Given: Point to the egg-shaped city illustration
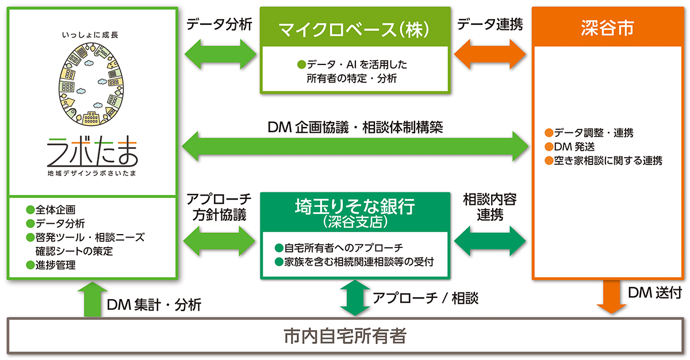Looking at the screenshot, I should click(x=92, y=86).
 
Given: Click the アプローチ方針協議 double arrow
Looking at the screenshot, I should click(x=220, y=240).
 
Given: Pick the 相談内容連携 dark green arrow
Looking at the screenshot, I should click(x=490, y=240).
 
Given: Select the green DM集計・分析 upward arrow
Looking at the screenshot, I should click(x=92, y=298).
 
